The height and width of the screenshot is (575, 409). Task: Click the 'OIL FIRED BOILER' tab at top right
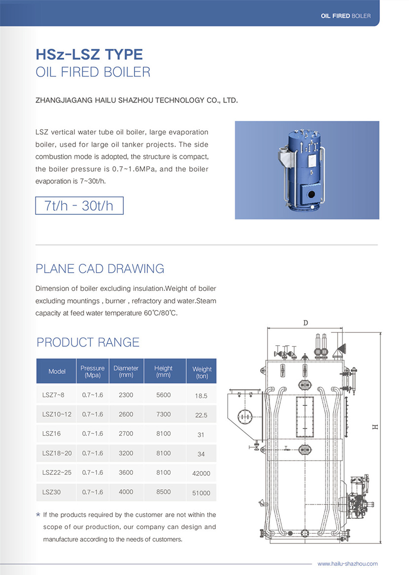click(345, 16)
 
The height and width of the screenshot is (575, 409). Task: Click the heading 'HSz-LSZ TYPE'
click(89, 54)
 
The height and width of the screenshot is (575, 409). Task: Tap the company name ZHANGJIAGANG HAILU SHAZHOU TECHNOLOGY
click(136, 101)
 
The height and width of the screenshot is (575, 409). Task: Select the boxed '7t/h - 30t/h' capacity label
click(79, 206)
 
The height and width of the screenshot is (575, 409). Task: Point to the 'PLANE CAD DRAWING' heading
click(100, 269)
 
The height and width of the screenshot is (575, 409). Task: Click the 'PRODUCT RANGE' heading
click(88, 342)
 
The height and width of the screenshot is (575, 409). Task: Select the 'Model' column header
click(57, 371)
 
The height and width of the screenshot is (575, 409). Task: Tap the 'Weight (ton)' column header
click(202, 372)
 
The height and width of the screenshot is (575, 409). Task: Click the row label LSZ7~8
click(53, 395)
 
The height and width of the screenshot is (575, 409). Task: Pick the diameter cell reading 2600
click(126, 414)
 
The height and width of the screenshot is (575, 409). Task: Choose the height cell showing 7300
click(163, 414)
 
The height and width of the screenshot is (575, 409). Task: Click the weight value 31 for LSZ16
click(201, 434)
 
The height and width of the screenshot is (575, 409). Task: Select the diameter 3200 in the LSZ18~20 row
click(126, 453)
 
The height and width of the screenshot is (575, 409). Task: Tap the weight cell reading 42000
click(201, 473)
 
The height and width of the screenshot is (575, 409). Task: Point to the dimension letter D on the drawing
click(306, 323)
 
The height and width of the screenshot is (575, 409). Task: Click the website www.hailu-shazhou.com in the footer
click(347, 564)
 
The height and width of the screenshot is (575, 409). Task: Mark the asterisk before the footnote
click(38, 515)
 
